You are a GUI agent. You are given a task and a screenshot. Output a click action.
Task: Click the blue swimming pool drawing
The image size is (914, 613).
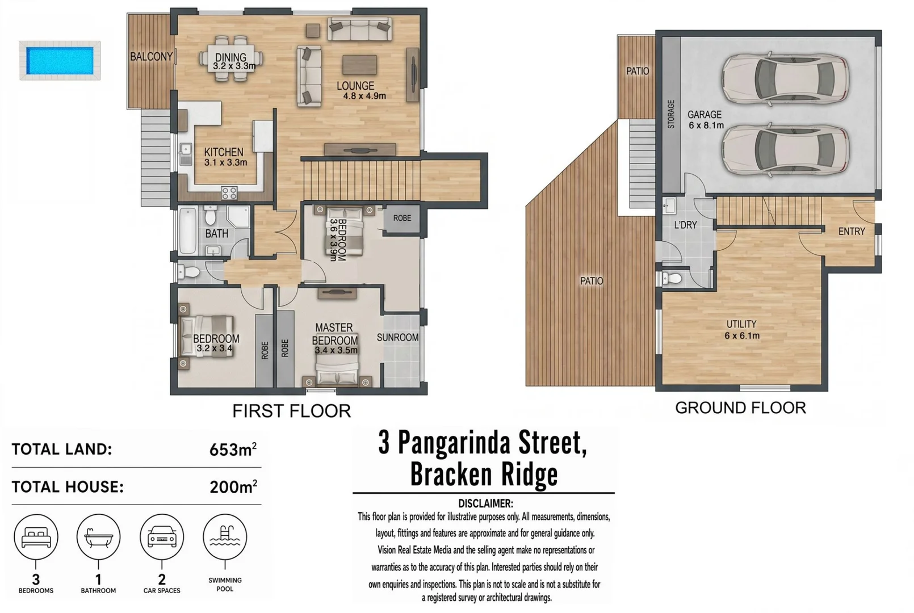[x=60, y=61]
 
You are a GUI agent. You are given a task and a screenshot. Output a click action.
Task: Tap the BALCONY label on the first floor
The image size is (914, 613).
[x=152, y=57]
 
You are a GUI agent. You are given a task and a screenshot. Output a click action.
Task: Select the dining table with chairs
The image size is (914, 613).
[x=231, y=58]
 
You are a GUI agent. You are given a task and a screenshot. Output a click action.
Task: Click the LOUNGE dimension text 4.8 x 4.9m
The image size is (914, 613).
[x=364, y=96]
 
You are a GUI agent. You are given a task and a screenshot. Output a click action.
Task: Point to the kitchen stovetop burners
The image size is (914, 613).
[x=229, y=193]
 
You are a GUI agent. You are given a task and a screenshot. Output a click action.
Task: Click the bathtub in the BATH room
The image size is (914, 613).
[x=188, y=231]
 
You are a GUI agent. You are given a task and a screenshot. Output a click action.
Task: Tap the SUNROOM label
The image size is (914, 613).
[x=398, y=338]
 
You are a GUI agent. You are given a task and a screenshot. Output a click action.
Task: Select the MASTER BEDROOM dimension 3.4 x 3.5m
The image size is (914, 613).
[x=336, y=350]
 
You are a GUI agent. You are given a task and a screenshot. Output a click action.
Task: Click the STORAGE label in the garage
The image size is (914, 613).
[x=671, y=115]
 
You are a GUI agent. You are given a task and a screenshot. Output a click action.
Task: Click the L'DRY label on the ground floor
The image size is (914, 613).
[x=686, y=225]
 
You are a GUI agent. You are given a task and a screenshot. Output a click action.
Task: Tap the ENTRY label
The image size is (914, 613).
[x=852, y=232]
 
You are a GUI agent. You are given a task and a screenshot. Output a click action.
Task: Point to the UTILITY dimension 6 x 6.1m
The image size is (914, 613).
[x=742, y=336]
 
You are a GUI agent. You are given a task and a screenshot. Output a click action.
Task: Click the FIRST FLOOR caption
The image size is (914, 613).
[x=292, y=411]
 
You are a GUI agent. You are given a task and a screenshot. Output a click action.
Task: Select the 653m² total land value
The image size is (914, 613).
[x=233, y=449]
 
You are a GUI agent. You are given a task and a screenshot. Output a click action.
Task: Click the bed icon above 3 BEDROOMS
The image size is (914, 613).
[x=36, y=537]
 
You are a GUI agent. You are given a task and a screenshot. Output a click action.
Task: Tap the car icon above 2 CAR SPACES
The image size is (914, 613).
[x=162, y=537]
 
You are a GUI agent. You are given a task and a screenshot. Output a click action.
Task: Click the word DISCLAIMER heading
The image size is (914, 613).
[x=485, y=503]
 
